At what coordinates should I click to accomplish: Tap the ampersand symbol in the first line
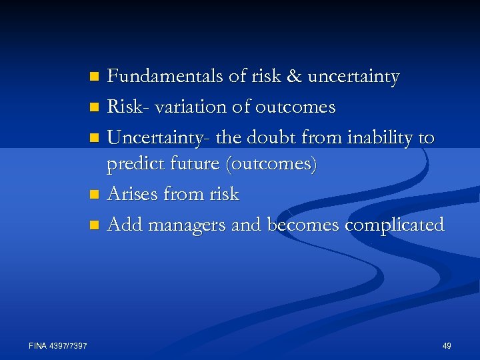(x=293, y=77)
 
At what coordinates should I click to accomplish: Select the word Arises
(x=131, y=195)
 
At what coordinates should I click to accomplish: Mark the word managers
(x=187, y=225)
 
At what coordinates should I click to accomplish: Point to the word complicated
(x=394, y=225)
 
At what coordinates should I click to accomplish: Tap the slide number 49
(x=446, y=345)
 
